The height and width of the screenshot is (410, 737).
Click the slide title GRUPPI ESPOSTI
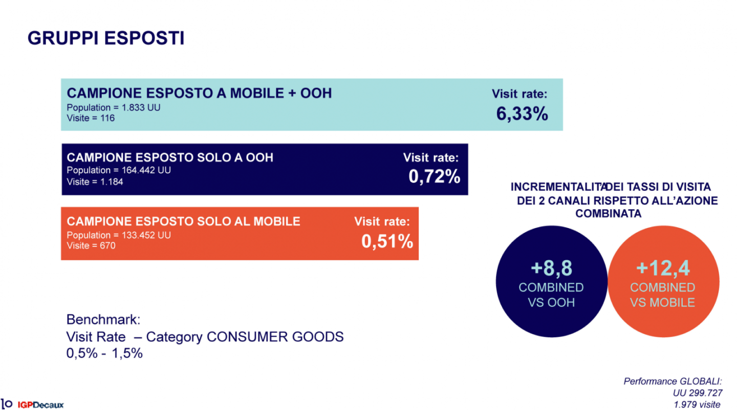(x=106, y=38)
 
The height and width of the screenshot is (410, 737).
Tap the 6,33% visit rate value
(x=522, y=114)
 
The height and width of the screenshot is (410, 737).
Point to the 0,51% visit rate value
(x=387, y=241)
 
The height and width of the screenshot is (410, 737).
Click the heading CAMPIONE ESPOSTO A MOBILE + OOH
(x=199, y=93)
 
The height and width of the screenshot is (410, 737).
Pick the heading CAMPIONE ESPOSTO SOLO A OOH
(x=170, y=157)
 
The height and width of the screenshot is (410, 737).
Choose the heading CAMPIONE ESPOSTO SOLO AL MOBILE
(x=183, y=221)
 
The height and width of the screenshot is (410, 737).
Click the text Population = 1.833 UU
(x=114, y=108)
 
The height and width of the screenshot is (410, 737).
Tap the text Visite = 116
(x=91, y=118)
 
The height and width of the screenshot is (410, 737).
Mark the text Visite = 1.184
(x=95, y=181)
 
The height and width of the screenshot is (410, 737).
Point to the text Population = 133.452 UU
(x=119, y=235)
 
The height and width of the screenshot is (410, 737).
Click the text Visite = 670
(x=91, y=245)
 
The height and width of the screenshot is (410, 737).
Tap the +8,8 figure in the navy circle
(x=551, y=268)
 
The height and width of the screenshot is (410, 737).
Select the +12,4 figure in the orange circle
(x=663, y=268)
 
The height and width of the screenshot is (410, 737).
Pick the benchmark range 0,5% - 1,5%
(x=104, y=353)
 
